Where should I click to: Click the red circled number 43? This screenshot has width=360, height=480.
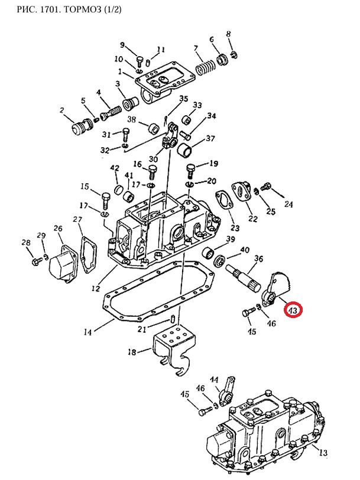coord(293,309)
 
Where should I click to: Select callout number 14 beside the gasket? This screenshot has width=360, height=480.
coord(87,332)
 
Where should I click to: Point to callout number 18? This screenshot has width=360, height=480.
coord(132,352)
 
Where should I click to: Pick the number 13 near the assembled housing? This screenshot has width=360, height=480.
coord(322,453)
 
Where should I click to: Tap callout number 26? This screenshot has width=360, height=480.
coord(57,229)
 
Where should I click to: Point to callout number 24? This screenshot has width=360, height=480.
coord(288,205)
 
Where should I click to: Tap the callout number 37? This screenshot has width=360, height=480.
coord(210,139)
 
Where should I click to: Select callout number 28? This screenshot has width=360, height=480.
coord(25,242)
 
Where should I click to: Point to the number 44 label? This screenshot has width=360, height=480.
coord(215,379)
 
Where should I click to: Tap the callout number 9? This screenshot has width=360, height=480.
coord(123,46)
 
